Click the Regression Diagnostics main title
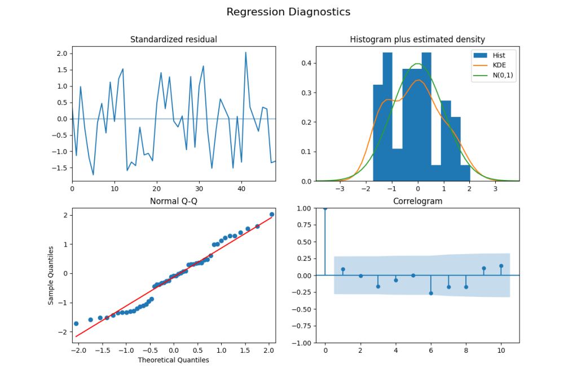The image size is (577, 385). pos(288,12)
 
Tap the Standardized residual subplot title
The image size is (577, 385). pos(174,40)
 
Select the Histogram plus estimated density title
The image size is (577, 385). pos(417,40)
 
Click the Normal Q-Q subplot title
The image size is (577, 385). pos(174,202)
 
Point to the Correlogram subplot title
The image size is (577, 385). pos(417,202)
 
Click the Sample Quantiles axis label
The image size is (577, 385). pos(51,275)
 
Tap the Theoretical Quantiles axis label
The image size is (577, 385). pos(174,360)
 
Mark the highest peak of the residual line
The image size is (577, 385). pos(245,53)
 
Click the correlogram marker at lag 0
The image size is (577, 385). pos(325,208)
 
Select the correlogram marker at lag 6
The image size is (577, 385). pos(431,293)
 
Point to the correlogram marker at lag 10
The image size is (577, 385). pos(501,266)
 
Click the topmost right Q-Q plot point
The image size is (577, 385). pos(272,214)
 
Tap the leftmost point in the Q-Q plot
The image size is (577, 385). pos(76,323)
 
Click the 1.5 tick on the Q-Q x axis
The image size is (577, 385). pos(246,351)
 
